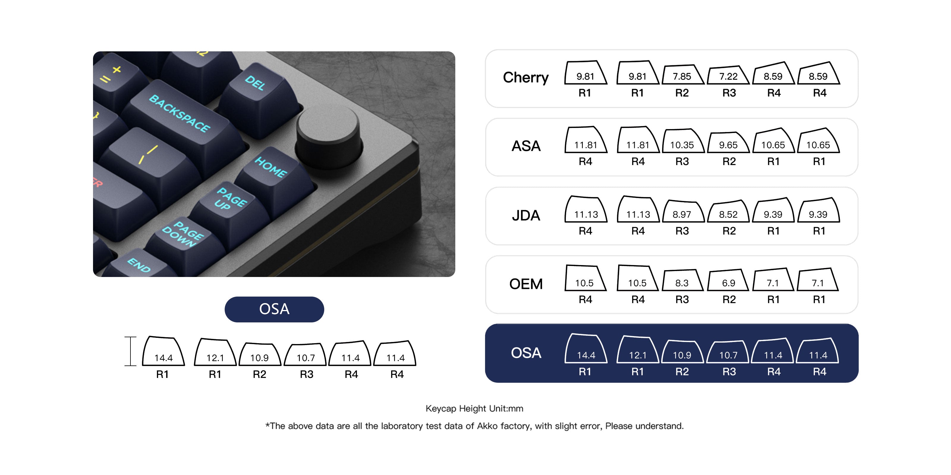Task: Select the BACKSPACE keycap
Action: click(x=185, y=122)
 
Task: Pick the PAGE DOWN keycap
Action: click(x=185, y=243)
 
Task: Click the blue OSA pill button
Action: click(x=274, y=309)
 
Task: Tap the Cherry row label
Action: click(x=526, y=77)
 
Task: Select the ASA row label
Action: click(x=526, y=146)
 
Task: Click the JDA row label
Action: click(x=526, y=215)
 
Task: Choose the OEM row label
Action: click(x=526, y=284)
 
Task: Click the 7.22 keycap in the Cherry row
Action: click(x=728, y=76)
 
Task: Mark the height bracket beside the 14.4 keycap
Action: click(x=130, y=351)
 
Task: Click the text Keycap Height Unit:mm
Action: click(x=474, y=408)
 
